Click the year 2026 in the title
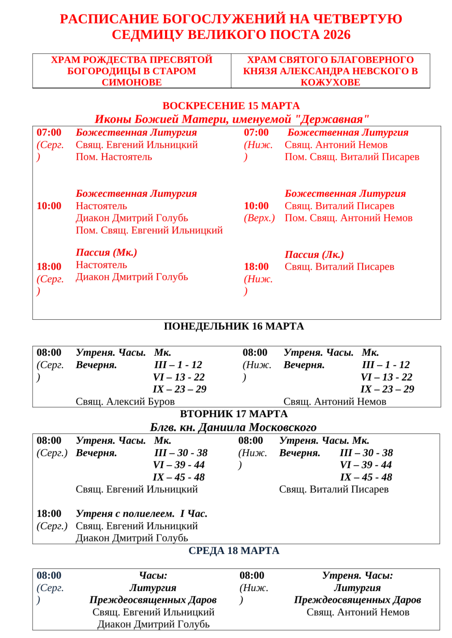point(334,35)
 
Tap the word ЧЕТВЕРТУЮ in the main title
point(358,19)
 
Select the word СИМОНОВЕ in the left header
point(132,82)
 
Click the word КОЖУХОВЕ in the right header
point(330,82)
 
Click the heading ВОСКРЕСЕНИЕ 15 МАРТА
point(231,106)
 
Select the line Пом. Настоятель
point(114,157)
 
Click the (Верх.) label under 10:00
point(259,218)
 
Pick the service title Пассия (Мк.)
point(106,252)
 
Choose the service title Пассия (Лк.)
point(314,255)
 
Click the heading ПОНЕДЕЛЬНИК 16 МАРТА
point(234,326)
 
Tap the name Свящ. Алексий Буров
point(125,401)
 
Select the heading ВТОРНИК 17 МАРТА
point(234,414)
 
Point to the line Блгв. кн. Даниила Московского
point(233,427)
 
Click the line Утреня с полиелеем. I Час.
point(141,514)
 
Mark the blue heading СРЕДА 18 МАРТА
point(234,551)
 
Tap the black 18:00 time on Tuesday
point(49,514)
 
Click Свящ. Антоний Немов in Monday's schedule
point(335,401)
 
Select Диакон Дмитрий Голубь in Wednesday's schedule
point(153,624)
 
